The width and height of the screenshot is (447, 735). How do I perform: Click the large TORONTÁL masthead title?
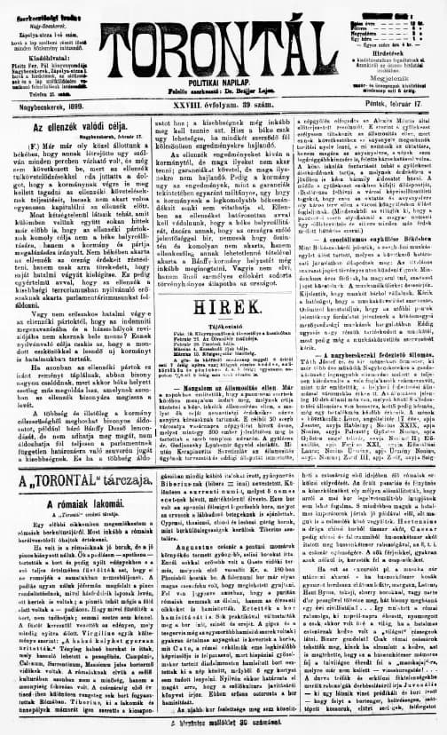pos(224,43)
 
